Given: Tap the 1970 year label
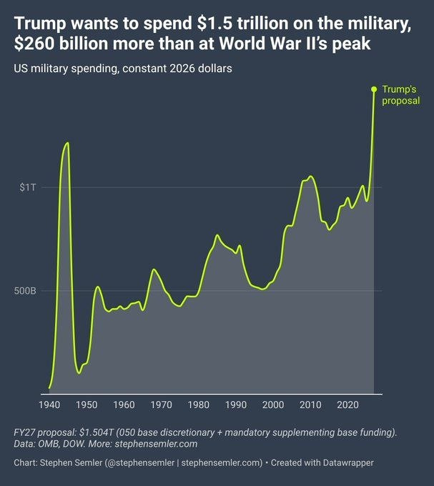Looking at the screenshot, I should click(x=161, y=405).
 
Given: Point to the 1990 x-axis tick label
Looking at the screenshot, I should click(x=235, y=405).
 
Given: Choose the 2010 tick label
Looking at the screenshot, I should click(x=310, y=405).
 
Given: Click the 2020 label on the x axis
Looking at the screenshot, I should click(x=347, y=405).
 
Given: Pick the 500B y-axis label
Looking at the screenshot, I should click(x=26, y=291).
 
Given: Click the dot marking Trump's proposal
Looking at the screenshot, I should click(x=373, y=89).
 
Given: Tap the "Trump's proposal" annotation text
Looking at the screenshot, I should click(x=400, y=95).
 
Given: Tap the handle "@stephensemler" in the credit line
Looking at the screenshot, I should click(x=139, y=462).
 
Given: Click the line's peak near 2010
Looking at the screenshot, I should click(x=310, y=176).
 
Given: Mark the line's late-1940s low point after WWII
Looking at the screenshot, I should click(x=79, y=372).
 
